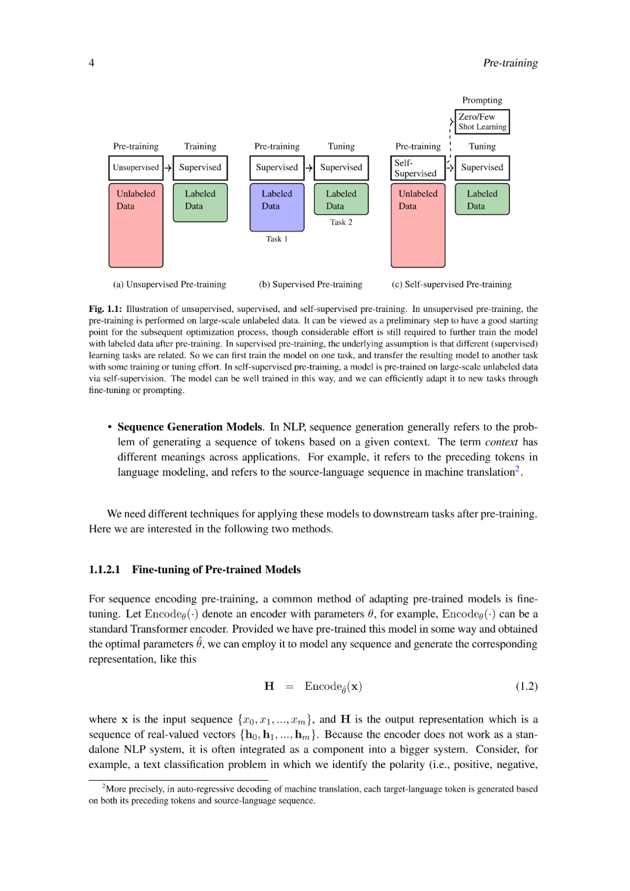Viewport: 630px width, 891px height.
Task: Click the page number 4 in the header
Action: pos(92,63)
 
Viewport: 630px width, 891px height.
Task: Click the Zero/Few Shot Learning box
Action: pos(482,122)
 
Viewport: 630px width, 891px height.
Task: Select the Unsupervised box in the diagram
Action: pos(136,168)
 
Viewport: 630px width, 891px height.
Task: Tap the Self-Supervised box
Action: pos(418,168)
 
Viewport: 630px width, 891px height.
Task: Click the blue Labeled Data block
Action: pos(277,207)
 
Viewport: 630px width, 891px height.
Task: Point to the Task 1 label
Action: pos(277,239)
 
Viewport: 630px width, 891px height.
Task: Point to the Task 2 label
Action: pos(341,222)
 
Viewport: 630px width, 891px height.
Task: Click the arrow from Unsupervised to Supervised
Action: pos(168,168)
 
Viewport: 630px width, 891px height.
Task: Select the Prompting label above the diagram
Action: pos(482,100)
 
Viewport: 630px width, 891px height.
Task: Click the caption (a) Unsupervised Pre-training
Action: pos(170,285)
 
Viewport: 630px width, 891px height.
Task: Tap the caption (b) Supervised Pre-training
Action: pos(310,285)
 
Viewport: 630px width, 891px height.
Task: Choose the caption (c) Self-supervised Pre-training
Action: pos(452,285)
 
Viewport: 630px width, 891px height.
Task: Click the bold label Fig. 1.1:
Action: pos(105,309)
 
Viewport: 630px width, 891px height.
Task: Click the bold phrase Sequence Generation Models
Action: pos(190,427)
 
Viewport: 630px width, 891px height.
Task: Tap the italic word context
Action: pos(501,442)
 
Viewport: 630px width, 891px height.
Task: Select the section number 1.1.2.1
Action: pos(104,570)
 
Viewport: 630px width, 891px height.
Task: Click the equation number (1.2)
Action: pos(526,686)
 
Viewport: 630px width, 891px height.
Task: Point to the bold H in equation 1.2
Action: pos(269,686)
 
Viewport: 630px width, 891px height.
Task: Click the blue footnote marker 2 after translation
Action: pos(517,469)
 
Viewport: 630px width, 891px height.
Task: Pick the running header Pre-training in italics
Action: pos(510,63)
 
